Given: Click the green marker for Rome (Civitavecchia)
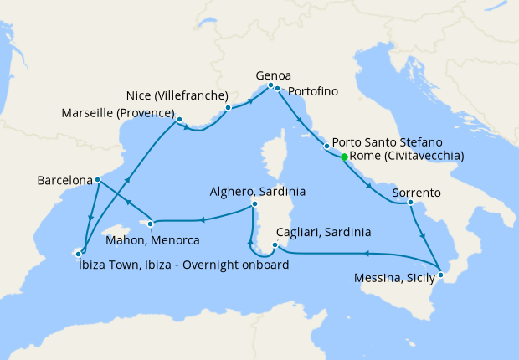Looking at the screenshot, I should click(344, 157).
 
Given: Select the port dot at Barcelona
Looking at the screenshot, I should click(98, 179).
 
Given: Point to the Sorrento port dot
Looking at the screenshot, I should click(410, 202).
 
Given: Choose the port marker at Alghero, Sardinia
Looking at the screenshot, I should click(254, 203).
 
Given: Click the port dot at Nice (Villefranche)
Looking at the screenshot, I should click(228, 107).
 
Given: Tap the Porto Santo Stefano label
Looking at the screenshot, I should click(393, 142).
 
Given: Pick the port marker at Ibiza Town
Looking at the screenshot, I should click(81, 252).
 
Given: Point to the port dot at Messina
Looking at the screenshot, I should click(441, 275).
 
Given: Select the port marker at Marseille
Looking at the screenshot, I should click(179, 120).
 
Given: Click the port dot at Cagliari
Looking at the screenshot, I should click(275, 245).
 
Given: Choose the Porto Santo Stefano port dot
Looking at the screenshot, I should click(326, 147).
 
